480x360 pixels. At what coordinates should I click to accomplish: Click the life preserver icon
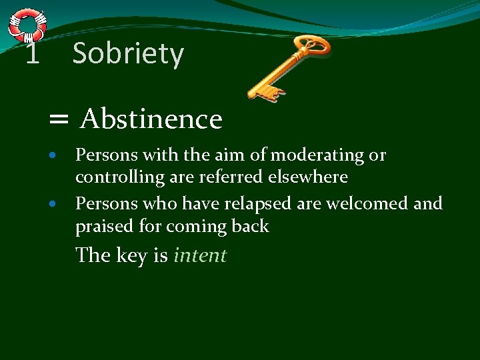pos(27,25)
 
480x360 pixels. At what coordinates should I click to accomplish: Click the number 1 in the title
pos(31,54)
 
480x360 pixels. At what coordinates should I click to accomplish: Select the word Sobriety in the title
pos(127,53)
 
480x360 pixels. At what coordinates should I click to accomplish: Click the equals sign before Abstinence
pos(59,120)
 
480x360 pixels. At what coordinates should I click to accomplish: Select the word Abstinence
pos(151,119)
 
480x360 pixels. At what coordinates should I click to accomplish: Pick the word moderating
pos(318,155)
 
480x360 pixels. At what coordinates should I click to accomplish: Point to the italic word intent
pos(200,255)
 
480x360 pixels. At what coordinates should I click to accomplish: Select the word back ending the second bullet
pos(249,226)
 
